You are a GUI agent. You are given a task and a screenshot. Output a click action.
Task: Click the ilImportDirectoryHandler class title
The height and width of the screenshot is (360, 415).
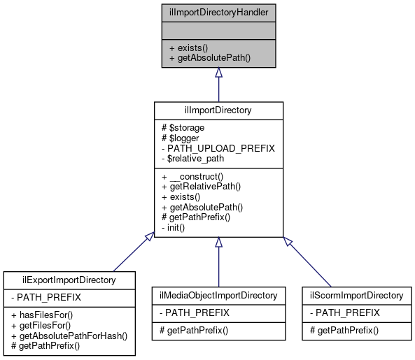(218, 12)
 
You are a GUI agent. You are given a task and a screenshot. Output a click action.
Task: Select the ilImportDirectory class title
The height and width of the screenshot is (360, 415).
(218, 110)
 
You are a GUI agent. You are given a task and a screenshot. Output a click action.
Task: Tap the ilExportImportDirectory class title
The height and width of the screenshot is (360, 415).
(69, 280)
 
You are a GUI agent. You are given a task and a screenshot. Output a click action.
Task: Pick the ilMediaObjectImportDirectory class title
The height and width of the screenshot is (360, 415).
(218, 295)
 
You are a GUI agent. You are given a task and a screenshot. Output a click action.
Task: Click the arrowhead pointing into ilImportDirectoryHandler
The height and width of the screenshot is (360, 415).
(218, 73)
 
